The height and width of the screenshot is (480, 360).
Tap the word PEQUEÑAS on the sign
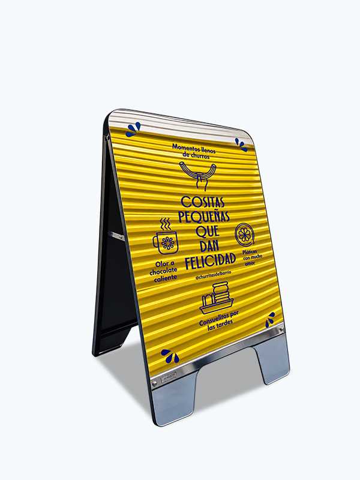[x=204, y=217]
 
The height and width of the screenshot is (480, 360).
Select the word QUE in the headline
[x=208, y=231]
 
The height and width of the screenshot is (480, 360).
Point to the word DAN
[x=209, y=246]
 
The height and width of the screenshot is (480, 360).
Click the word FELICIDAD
[x=211, y=261]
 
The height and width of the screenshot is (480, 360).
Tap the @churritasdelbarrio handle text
[x=213, y=275]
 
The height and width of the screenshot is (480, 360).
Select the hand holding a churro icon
[x=198, y=174]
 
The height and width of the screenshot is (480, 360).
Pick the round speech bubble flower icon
[x=244, y=235]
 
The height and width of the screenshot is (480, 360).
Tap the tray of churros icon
[x=217, y=298]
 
